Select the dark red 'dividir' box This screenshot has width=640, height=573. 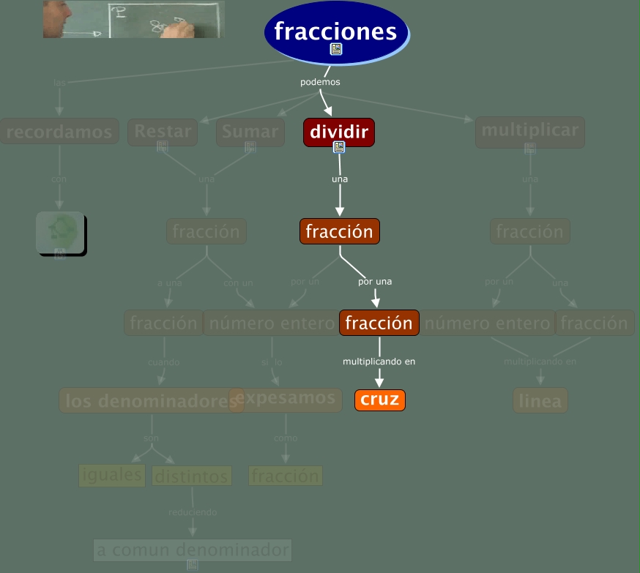[338, 132]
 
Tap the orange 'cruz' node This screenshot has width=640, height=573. [379, 400]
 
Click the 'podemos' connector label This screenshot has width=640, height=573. [320, 82]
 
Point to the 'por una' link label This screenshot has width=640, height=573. [375, 281]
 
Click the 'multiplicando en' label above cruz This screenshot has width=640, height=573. [379, 361]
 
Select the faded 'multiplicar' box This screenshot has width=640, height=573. [530, 131]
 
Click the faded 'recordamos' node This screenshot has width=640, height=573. [59, 132]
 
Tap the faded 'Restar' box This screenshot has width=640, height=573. [163, 132]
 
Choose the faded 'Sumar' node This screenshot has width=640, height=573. [250, 132]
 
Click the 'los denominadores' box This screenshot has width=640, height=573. [152, 400]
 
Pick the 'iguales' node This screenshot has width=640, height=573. [112, 474]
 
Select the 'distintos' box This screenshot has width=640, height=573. [192, 476]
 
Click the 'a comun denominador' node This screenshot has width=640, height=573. [193, 550]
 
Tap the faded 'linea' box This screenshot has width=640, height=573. [540, 400]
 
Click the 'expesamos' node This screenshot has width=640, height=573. [286, 398]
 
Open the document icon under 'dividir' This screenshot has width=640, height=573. [338, 147]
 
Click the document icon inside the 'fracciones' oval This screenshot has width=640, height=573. [336, 49]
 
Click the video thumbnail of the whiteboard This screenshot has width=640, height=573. [133, 19]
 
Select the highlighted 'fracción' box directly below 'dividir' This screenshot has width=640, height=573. [340, 231]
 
